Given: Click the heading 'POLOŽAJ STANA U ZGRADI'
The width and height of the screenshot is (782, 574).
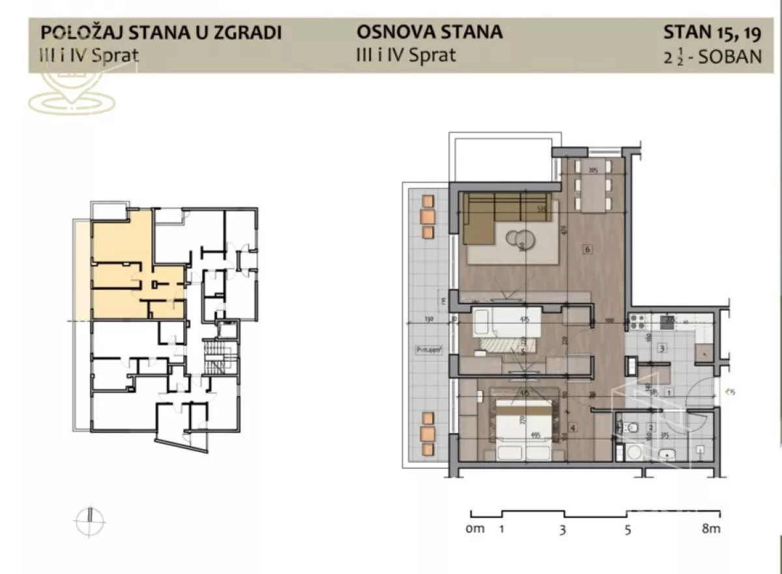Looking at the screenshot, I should [161, 33].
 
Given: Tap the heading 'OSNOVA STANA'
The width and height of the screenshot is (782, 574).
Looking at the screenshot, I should [429, 31].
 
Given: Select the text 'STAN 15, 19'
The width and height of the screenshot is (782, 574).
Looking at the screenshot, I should [712, 31].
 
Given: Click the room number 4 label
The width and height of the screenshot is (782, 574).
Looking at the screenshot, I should [572, 428].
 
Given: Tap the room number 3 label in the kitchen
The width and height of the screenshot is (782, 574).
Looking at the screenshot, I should [661, 349].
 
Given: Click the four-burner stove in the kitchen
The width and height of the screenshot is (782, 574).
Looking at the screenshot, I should [637, 321].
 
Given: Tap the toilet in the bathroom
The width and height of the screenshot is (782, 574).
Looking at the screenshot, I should [630, 428].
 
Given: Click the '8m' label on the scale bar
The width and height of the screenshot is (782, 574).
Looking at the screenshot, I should [711, 529].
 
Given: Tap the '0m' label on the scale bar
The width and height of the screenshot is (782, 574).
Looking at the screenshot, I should [475, 528].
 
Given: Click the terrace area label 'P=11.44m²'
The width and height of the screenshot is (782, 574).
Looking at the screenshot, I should [428, 350].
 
